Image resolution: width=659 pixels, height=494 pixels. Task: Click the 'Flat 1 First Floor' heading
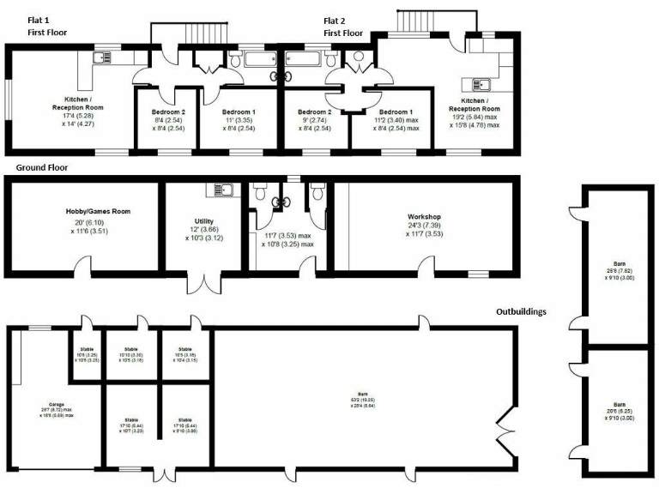(x=46, y=27)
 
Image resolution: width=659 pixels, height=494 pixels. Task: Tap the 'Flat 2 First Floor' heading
(x=343, y=27)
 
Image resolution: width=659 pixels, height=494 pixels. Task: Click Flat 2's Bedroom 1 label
(x=396, y=112)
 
